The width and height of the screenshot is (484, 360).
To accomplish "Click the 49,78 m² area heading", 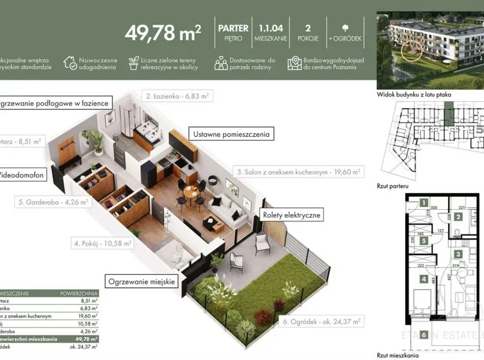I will (163, 32).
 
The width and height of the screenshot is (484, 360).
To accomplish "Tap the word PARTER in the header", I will (233, 28).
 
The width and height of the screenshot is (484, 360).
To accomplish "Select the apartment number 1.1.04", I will (271, 28).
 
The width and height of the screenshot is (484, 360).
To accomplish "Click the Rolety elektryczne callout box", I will (292, 215).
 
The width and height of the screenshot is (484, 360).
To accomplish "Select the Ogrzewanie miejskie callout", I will (143, 281).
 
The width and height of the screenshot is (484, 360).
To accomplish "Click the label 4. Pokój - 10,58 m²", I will (102, 244).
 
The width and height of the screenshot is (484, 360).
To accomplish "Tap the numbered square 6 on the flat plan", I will (424, 336).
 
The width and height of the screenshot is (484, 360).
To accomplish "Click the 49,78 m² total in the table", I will (86, 339).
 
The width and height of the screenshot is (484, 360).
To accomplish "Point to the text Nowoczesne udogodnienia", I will (96, 63).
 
